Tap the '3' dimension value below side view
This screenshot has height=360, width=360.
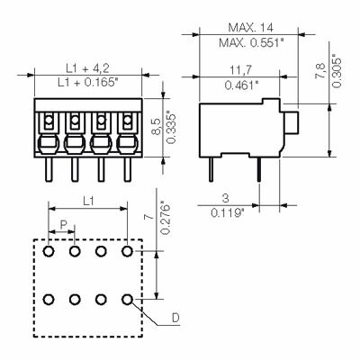click(223, 199)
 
